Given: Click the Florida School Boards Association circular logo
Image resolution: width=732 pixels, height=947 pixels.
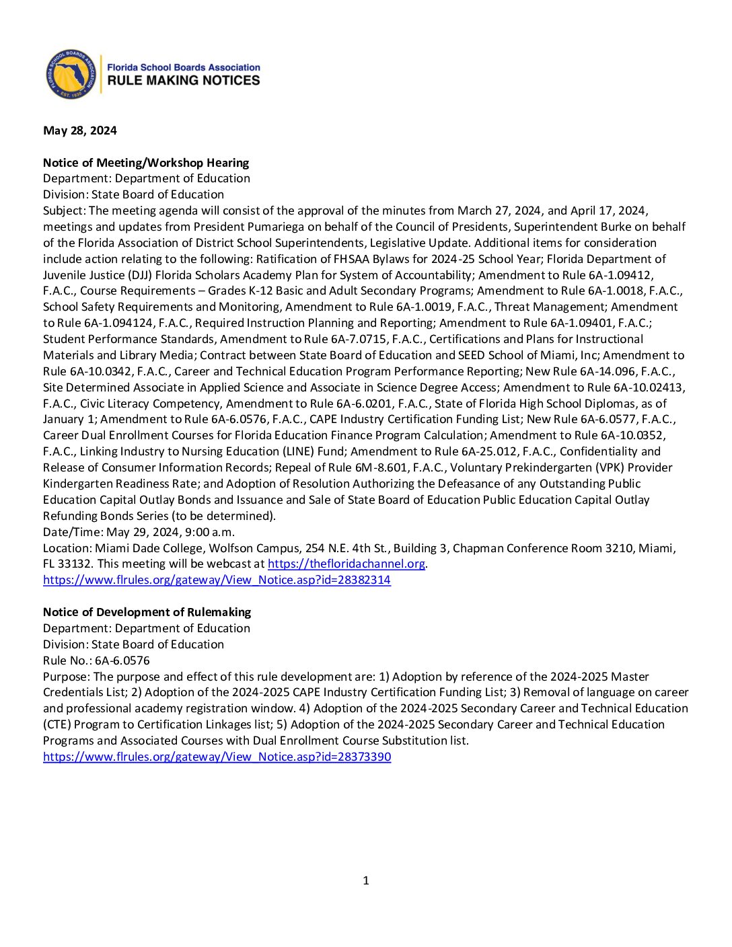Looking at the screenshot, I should coord(71,74).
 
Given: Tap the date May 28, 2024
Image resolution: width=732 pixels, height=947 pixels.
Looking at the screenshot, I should coord(79,130).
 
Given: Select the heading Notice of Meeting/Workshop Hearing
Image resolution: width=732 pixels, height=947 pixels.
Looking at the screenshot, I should coord(146,163).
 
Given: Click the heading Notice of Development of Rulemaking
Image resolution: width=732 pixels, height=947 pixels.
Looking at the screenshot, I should coord(147,612).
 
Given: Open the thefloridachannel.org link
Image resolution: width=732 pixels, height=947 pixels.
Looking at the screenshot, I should coord(346,564).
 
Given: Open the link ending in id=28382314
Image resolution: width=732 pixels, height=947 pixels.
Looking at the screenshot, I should coord(217,580).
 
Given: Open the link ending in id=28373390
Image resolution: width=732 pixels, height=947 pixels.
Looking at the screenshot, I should coord(217,757).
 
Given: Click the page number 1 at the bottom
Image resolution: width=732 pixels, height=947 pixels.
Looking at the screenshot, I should coord(366,880).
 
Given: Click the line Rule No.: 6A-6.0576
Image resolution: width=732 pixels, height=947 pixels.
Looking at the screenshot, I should coord(96,660).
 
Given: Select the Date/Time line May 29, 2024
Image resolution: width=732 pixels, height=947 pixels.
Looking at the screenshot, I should coord(139,532).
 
